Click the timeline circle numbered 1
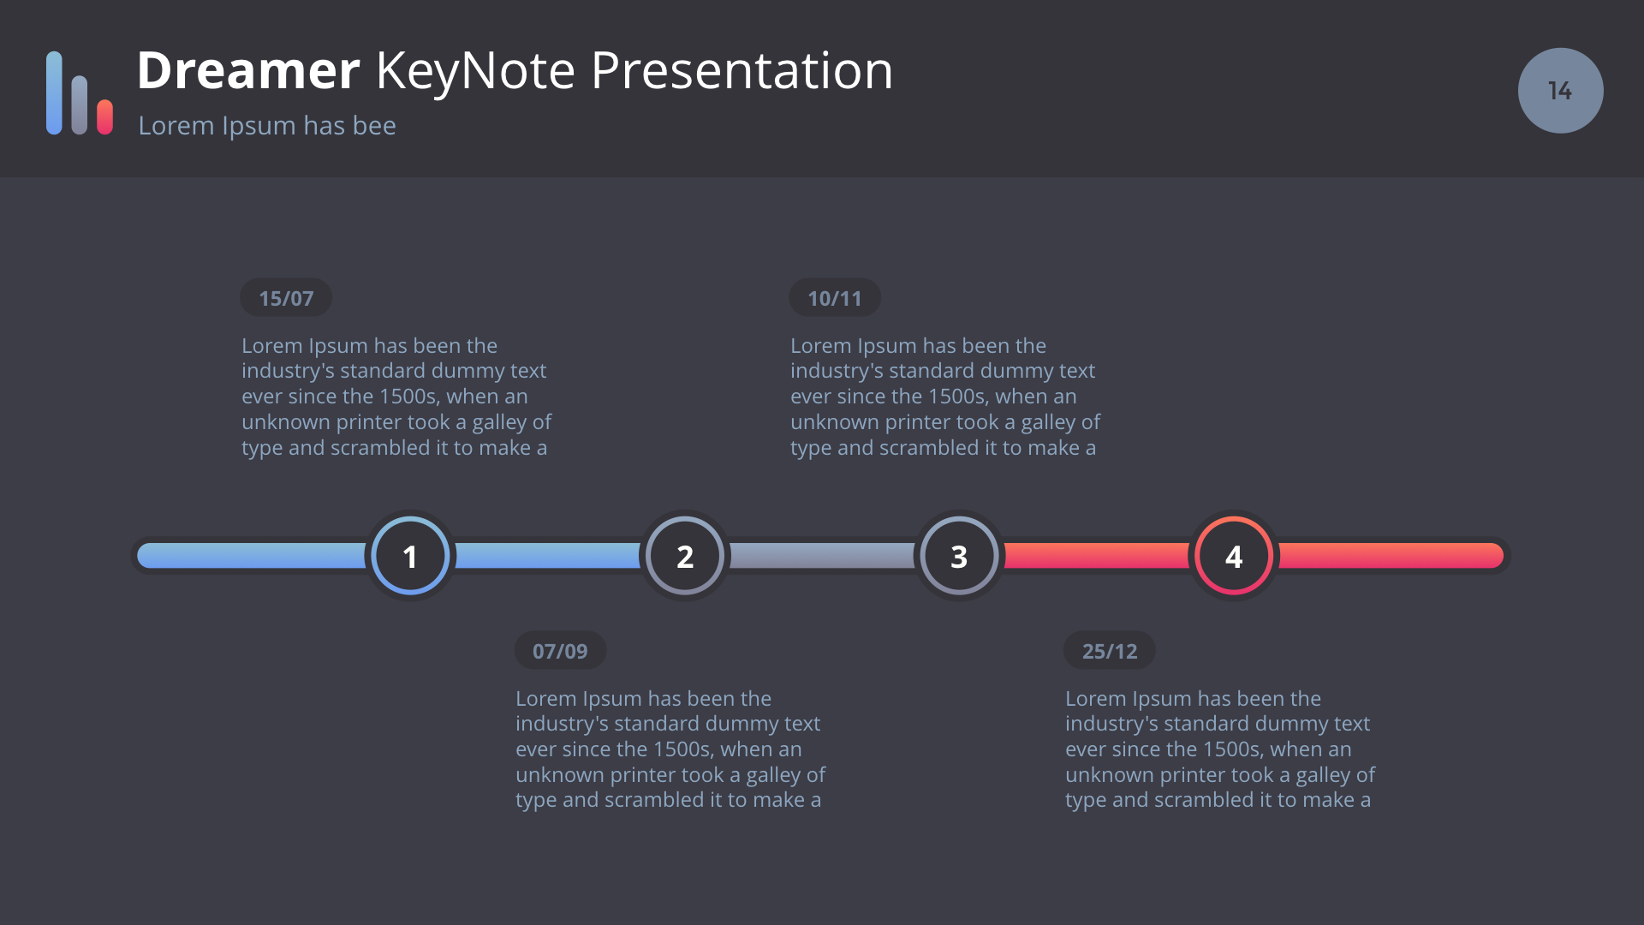coord(410,556)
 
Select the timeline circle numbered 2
coord(685,556)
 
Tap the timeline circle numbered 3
coord(959,556)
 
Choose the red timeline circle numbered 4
coord(1234,556)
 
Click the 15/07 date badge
coord(286,298)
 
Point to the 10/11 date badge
coord(835,298)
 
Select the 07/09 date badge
coord(560,651)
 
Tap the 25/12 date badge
coord(1110,651)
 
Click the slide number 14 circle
coord(1560,91)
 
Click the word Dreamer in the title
coord(248,70)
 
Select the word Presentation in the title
coord(742,70)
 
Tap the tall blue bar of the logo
coord(54,92)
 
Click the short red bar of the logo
coord(105,117)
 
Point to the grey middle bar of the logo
coord(80,105)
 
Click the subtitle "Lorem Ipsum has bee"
coord(267,126)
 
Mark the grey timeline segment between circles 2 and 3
coord(822,556)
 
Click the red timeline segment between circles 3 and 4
coord(1096,556)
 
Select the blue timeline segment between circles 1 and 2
coord(548,556)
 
